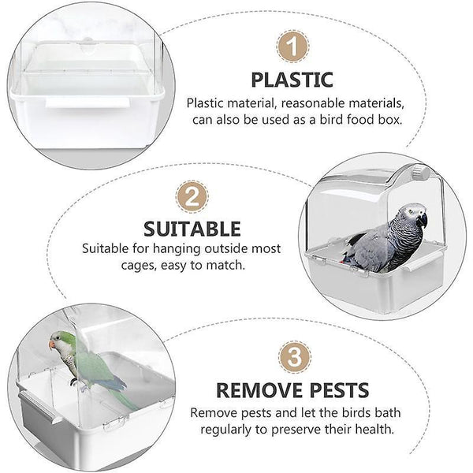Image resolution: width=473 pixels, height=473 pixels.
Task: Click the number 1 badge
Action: (292, 47)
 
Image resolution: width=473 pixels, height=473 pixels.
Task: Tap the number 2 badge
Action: (192, 196)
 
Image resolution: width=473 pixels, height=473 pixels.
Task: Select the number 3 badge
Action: (294, 357)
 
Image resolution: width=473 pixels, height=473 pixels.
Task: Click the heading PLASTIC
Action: (292, 80)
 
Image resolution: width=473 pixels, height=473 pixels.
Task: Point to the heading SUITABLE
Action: (192, 229)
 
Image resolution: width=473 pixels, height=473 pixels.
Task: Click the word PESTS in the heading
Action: (339, 390)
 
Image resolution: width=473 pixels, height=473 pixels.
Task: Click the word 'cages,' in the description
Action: (139, 266)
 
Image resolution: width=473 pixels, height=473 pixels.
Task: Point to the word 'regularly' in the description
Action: (225, 430)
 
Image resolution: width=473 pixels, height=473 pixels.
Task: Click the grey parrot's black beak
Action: (423, 220)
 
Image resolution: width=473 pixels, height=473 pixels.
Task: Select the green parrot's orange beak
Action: (52, 345)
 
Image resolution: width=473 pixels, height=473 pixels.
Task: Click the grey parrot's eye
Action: (411, 212)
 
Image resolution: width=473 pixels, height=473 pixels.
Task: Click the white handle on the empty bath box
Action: (88, 102)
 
